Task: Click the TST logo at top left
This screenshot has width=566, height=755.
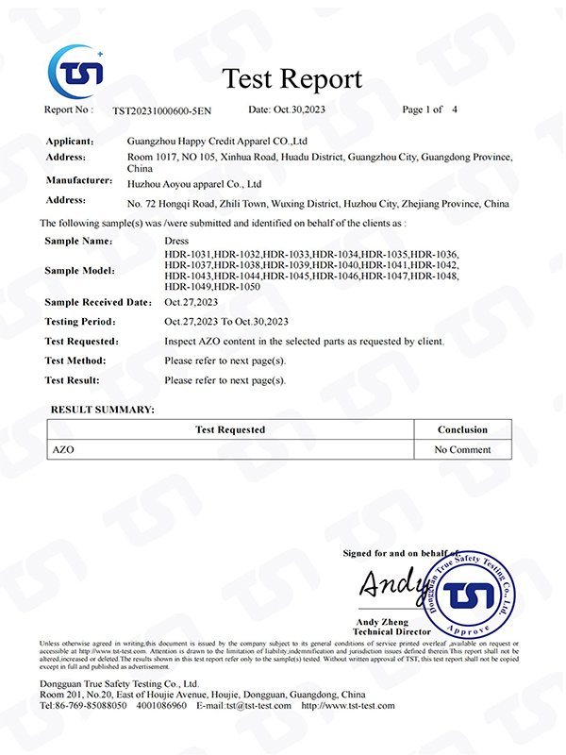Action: [76, 71]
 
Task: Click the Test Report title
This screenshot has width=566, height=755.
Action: [291, 78]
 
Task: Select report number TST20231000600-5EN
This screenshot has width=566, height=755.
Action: [163, 110]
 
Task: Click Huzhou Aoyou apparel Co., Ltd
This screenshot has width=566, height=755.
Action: [212, 183]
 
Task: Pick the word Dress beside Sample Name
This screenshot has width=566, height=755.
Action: [176, 242]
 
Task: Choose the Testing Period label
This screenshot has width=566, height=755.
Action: [82, 322]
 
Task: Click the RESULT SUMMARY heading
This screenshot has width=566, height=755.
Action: [102, 410]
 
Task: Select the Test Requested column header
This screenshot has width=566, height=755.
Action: [230, 429]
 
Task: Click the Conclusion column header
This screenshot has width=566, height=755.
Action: [462, 429]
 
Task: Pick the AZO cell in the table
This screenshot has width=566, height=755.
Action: [62, 450]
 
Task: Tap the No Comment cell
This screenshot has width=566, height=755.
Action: [462, 450]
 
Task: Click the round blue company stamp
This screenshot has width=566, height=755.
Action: [468, 595]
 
